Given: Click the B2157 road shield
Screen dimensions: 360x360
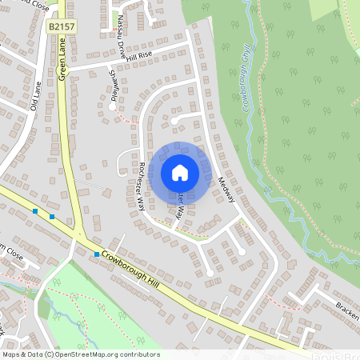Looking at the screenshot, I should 60,27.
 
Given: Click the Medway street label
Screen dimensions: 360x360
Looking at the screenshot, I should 226,190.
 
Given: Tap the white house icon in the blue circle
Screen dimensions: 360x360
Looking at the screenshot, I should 180,173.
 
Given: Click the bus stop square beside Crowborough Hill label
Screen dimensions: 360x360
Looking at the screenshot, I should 97,254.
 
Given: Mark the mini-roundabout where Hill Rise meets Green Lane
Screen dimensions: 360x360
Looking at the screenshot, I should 66,71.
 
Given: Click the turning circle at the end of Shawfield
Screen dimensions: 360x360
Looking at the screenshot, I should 112,106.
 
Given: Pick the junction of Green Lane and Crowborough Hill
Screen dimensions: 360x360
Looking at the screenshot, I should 82,237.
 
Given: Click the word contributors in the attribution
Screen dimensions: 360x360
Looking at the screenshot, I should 137,354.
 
